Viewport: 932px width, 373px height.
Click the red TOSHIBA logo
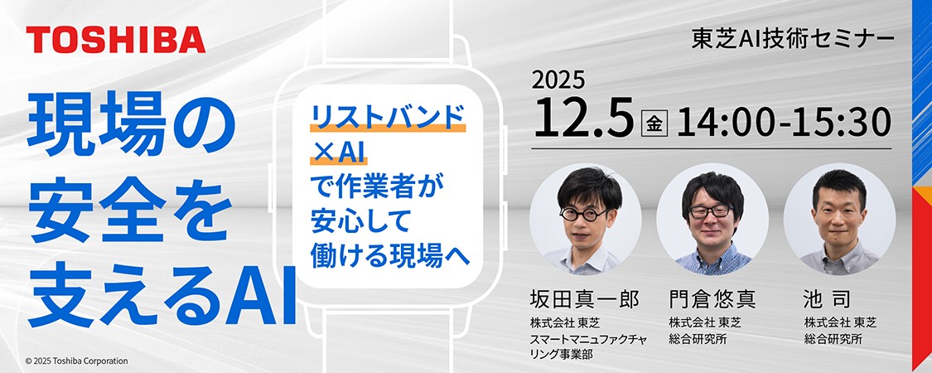click(x=116, y=41)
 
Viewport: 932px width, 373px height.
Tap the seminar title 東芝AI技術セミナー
click(x=793, y=39)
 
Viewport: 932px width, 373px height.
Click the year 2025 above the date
click(x=558, y=80)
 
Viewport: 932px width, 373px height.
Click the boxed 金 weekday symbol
click(x=654, y=124)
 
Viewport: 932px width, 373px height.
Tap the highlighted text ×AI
click(x=338, y=152)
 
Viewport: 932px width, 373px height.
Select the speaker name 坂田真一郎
click(x=584, y=299)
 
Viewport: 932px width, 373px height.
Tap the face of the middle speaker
click(x=711, y=214)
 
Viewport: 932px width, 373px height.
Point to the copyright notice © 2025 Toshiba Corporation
click(x=77, y=361)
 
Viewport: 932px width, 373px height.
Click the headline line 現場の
click(x=131, y=128)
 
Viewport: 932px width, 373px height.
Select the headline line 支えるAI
click(x=162, y=298)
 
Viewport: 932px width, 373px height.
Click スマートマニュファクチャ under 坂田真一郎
click(x=588, y=339)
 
